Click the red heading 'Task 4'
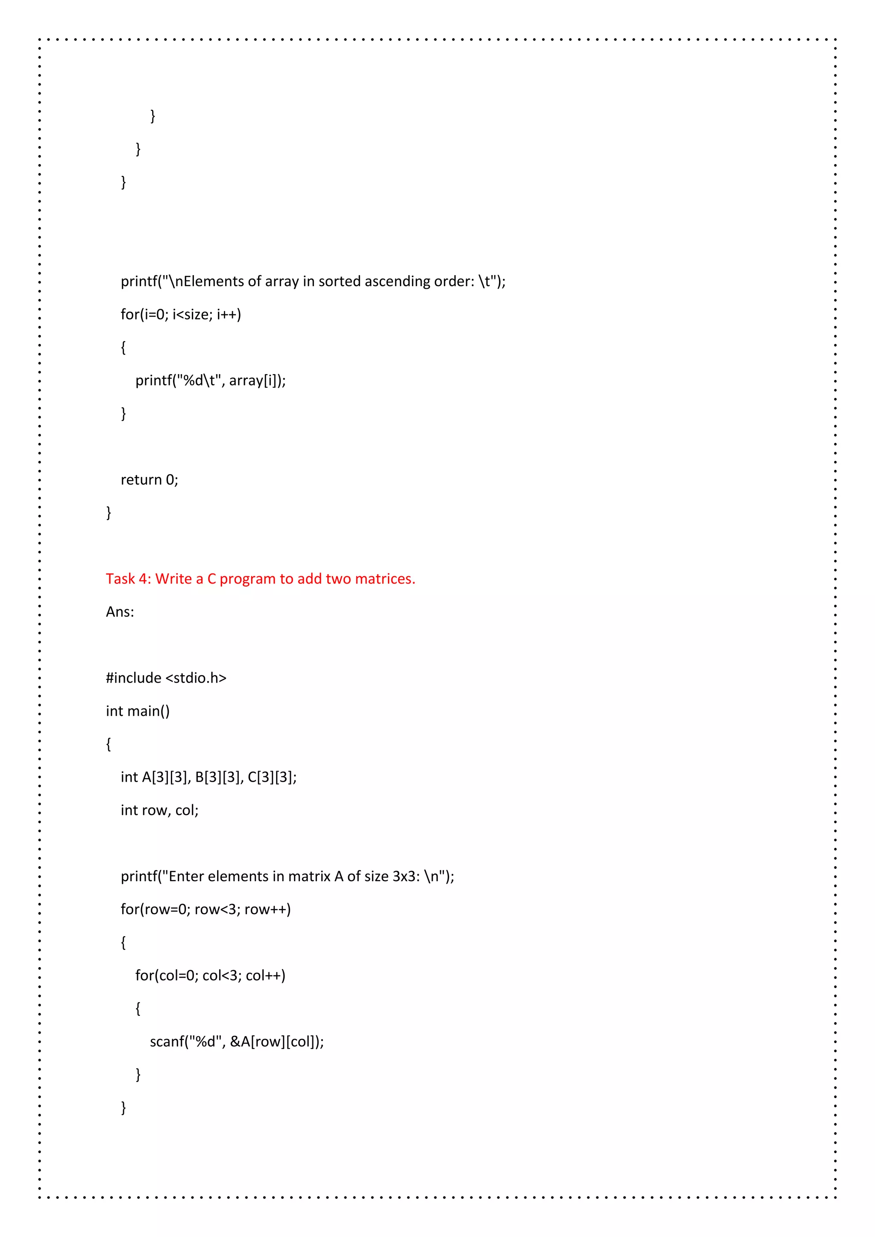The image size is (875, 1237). pyautogui.click(x=127, y=579)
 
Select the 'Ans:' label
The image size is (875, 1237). pyautogui.click(x=120, y=612)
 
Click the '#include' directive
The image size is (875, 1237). pyautogui.click(x=133, y=678)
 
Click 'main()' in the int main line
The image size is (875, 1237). pyautogui.click(x=148, y=711)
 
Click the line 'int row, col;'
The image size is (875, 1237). pyautogui.click(x=159, y=810)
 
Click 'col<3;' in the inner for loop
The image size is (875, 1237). pyautogui.click(x=222, y=975)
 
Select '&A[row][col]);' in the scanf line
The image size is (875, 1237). pyautogui.click(x=277, y=1041)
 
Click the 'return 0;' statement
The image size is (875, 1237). pyautogui.click(x=149, y=480)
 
